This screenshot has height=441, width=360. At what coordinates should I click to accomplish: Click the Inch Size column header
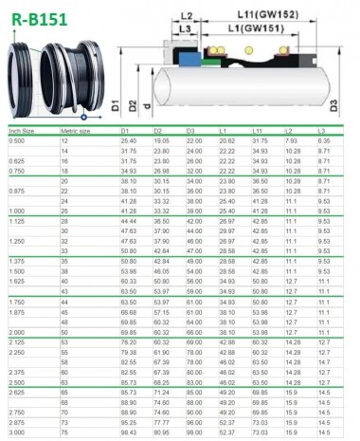(23, 130)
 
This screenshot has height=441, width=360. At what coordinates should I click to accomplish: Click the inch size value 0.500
(18, 140)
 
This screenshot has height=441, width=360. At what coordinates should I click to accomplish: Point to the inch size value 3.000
(18, 432)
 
